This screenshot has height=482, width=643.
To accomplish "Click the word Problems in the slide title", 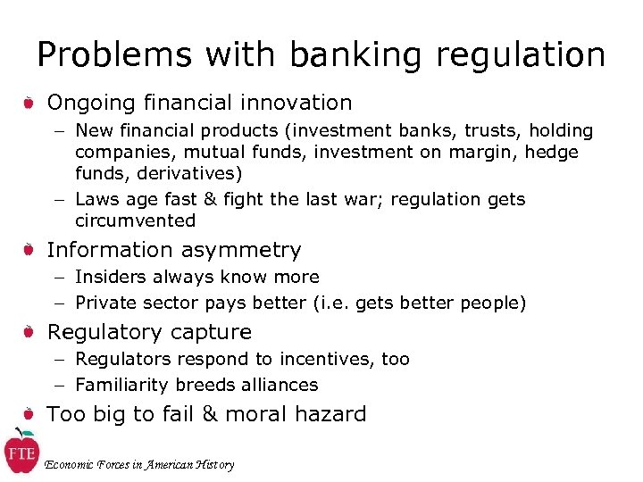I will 114,55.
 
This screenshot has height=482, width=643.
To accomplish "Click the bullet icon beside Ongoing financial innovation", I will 29,104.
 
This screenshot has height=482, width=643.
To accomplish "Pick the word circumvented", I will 135,220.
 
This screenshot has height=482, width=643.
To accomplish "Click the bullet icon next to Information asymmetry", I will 29,251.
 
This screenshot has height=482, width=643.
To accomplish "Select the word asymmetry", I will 242,251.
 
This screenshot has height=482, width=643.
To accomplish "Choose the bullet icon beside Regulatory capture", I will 29,333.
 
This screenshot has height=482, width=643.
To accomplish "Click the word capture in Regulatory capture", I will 213,333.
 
